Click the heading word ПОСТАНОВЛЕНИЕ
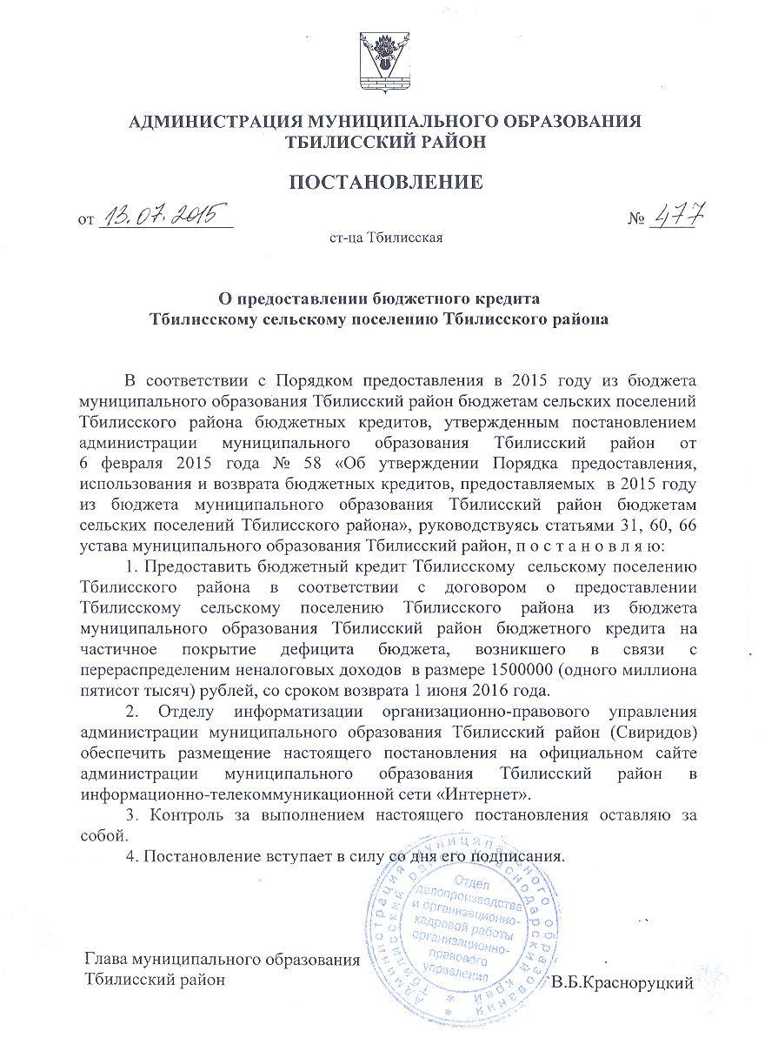click(x=385, y=183)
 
